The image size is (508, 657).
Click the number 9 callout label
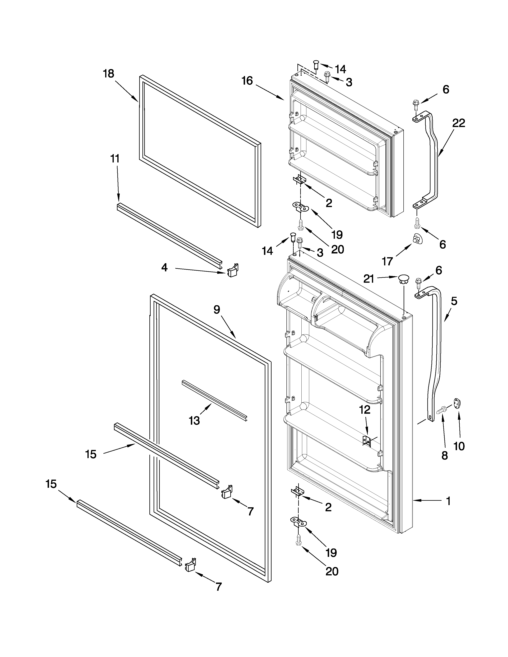(217, 310)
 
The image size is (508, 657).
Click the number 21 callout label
(369, 279)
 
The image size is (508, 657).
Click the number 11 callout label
(115, 158)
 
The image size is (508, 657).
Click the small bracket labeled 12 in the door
(367, 441)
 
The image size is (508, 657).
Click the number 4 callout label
(164, 267)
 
